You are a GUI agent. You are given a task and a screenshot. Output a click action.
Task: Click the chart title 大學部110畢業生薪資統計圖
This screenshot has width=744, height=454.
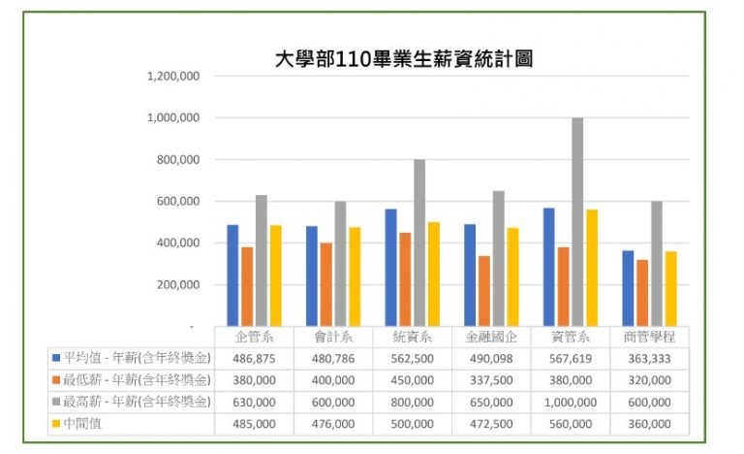click(404, 58)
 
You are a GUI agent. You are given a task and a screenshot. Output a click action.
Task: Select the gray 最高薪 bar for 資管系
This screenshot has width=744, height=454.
click(577, 222)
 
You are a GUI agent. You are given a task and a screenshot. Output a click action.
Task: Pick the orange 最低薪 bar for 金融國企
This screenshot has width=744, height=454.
click(483, 291)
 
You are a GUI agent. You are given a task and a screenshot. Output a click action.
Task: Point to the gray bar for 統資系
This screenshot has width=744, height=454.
click(419, 243)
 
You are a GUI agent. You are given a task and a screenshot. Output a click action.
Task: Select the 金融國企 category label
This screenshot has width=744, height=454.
click(490, 337)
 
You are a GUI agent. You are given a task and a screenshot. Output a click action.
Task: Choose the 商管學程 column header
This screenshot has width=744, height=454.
click(649, 337)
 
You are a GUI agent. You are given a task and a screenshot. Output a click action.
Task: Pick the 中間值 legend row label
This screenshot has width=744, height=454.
click(87, 424)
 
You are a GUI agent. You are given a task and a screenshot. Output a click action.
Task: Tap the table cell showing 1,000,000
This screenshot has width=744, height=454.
click(570, 402)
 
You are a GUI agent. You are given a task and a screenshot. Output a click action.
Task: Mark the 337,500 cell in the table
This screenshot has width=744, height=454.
click(490, 379)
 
